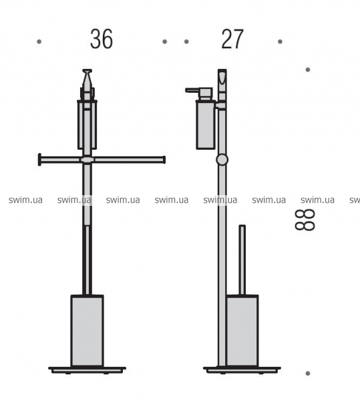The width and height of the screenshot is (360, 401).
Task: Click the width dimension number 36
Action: (102, 39)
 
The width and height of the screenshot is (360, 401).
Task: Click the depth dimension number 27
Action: (232, 39)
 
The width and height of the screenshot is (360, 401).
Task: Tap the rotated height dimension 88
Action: (305, 220)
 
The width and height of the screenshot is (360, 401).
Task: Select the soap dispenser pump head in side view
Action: (199, 94)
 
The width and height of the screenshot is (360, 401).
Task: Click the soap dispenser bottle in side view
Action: (206, 124)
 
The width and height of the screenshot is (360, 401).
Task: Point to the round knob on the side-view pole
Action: (222, 159)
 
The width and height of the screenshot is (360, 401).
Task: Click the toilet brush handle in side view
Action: (242, 260)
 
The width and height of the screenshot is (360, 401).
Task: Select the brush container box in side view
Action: (242, 331)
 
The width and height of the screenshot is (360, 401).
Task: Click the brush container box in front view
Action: (87, 331)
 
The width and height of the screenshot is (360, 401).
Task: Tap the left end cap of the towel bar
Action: (39, 160)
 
